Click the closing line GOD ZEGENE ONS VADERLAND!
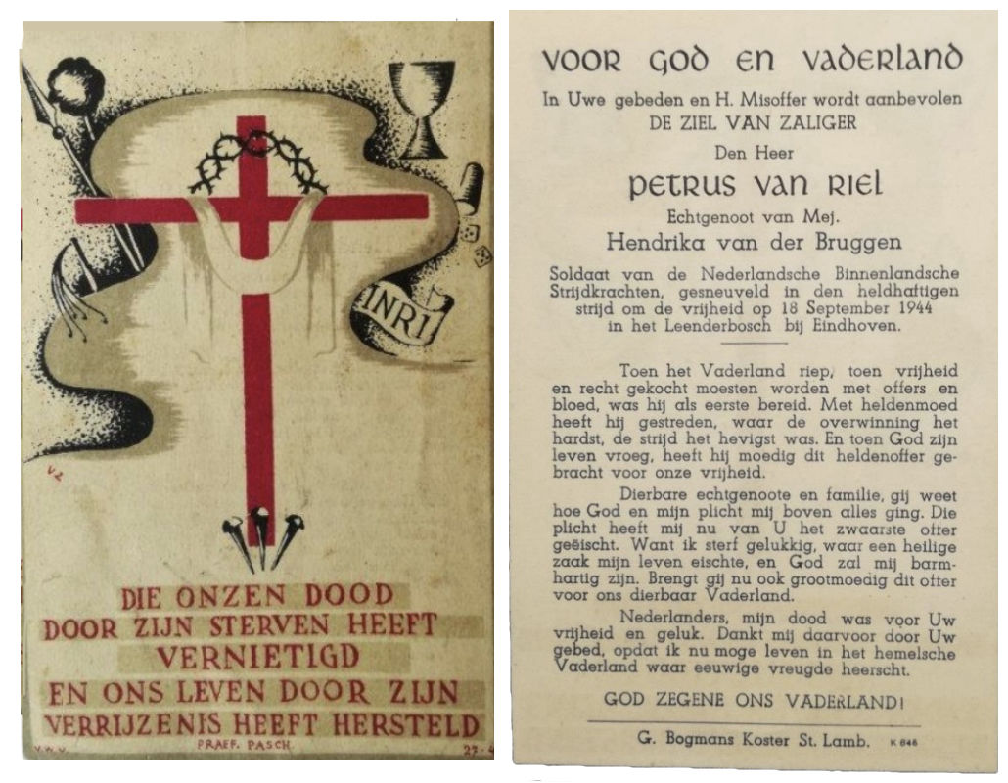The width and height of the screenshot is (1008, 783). coord(753,700)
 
